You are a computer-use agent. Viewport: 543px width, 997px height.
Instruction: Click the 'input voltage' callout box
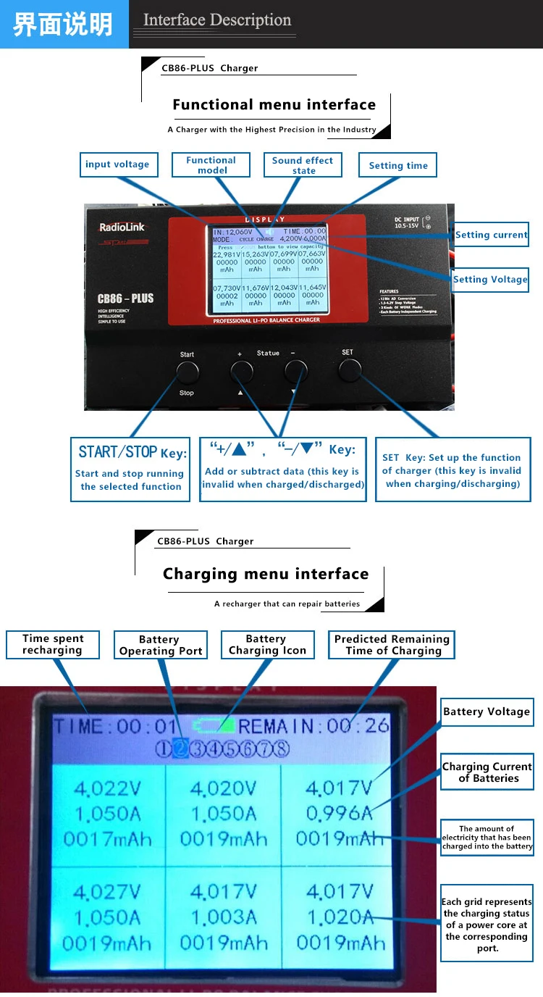[x=117, y=164]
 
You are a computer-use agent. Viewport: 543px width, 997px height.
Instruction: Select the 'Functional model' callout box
[x=211, y=165]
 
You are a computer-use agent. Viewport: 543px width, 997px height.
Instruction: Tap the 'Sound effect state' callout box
[x=303, y=165]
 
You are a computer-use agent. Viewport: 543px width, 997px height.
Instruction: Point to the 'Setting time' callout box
[x=398, y=165]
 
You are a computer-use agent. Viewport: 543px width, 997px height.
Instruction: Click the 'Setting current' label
[x=492, y=235]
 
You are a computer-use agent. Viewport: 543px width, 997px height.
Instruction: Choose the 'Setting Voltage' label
[x=490, y=280]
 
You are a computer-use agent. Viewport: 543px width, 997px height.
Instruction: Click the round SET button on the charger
[x=350, y=371]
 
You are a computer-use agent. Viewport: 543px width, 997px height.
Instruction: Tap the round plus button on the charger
[x=242, y=372]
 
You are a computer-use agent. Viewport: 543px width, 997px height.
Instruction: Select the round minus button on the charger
[x=295, y=372]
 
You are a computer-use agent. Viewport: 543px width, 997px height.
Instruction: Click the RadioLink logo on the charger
[x=122, y=228]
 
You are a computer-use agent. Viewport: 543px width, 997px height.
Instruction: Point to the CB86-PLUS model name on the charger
[x=125, y=298]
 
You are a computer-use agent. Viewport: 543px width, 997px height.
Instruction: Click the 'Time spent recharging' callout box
[x=53, y=644]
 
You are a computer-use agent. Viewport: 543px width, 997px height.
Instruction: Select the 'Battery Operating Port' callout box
[x=161, y=645]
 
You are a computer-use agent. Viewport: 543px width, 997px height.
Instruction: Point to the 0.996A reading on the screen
[x=339, y=814]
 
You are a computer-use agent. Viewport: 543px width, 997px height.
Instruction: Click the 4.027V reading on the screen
[x=106, y=892]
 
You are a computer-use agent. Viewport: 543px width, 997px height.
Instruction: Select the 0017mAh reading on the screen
[x=107, y=840]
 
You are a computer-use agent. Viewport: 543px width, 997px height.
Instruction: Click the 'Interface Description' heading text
[x=217, y=20]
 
